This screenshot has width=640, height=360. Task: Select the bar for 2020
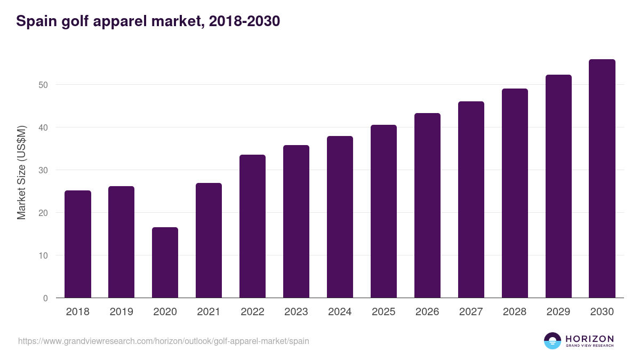pyautogui.click(x=165, y=262)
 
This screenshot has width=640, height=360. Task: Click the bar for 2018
pyautogui.click(x=78, y=244)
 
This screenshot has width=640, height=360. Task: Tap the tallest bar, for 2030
pyautogui.click(x=602, y=179)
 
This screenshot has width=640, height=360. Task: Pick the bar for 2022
pyautogui.click(x=252, y=226)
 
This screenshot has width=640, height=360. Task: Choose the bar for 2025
pyautogui.click(x=383, y=211)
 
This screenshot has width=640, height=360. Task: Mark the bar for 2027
pyautogui.click(x=471, y=199)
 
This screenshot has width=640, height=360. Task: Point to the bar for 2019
pyautogui.click(x=121, y=242)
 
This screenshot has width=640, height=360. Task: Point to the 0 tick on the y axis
pyautogui.click(x=45, y=298)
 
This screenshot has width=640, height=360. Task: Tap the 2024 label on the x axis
pyautogui.click(x=340, y=312)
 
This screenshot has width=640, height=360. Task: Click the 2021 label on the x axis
pyautogui.click(x=209, y=312)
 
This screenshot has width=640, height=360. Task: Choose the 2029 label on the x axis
pyautogui.click(x=558, y=312)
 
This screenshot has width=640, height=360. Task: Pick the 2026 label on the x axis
pyautogui.click(x=427, y=312)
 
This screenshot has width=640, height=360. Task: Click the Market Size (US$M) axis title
pyautogui.click(x=21, y=172)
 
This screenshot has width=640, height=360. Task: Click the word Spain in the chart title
pyautogui.click(x=36, y=21)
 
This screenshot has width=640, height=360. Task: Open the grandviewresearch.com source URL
pyautogui.click(x=163, y=341)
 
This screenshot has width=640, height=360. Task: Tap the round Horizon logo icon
pyautogui.click(x=553, y=341)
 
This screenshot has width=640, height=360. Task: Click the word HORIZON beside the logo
pyautogui.click(x=589, y=338)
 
